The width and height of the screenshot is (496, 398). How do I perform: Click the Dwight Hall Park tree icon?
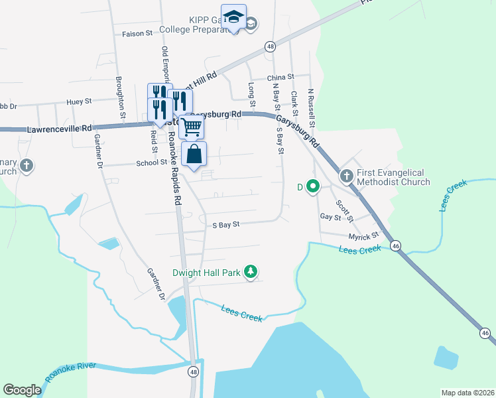251,272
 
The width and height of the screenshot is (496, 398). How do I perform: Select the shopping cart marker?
192,125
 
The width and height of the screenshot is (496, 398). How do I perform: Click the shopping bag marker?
194,155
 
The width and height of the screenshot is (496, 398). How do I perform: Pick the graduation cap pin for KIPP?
233,18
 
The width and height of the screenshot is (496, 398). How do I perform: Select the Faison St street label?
137,33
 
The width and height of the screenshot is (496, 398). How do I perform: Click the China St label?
280,78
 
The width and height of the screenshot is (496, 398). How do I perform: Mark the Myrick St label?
363,235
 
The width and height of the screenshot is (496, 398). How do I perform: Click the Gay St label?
330,217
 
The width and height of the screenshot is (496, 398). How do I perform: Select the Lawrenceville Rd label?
59,129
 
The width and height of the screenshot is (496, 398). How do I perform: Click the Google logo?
22,390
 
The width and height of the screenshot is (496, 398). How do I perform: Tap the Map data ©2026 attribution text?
468,393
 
